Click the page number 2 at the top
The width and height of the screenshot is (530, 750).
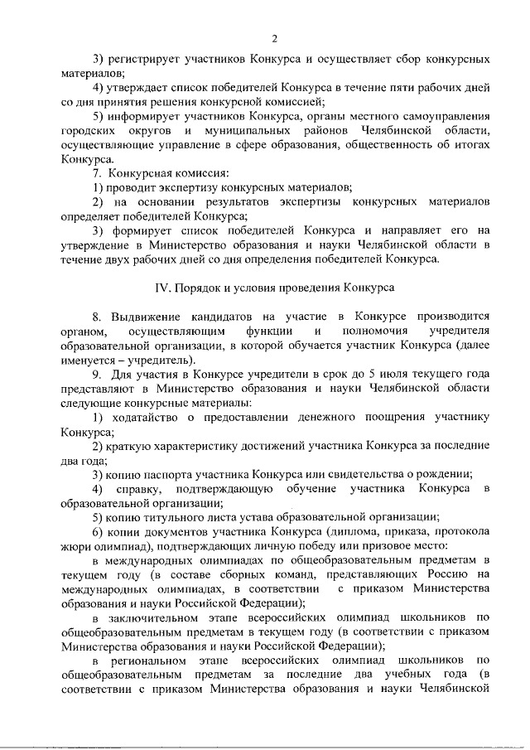274,37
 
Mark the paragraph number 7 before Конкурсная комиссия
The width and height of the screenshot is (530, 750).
97,173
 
